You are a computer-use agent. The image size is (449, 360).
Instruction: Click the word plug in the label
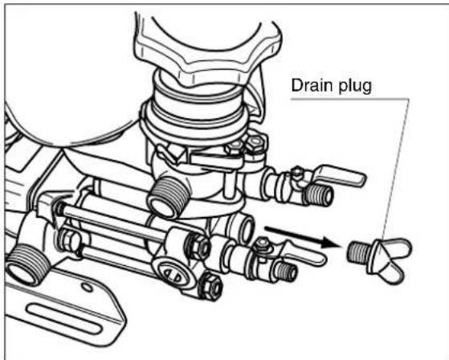(355, 87)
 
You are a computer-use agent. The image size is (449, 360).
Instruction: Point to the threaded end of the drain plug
(360, 252)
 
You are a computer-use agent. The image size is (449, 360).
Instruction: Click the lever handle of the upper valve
(339, 175)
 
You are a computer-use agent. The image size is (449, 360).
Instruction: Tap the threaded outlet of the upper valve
(320, 194)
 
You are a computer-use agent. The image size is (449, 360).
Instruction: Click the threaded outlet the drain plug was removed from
(287, 272)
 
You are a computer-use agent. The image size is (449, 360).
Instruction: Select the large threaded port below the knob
(166, 198)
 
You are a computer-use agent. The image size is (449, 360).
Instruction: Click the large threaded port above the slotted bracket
(24, 265)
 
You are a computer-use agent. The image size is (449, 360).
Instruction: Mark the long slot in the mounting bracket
(63, 319)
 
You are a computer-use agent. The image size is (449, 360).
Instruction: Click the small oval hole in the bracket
(88, 287)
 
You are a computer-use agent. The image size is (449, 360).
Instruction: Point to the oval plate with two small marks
(171, 272)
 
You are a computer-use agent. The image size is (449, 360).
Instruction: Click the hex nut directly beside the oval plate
(210, 285)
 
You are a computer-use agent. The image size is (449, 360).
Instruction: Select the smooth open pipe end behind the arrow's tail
(244, 229)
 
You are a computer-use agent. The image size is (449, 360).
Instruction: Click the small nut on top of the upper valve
(297, 173)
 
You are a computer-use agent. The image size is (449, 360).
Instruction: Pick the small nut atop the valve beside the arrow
(262, 244)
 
